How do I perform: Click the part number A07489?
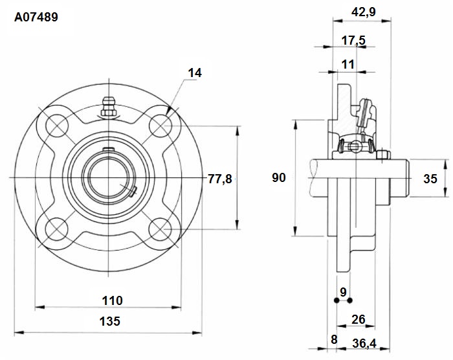click(36, 17)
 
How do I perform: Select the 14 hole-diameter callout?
click(195, 73)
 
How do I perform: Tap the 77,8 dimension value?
click(220, 179)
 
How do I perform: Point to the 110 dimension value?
click(113, 300)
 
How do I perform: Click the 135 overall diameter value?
click(110, 321)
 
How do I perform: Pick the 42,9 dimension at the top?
click(364, 12)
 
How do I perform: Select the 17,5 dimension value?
click(353, 40)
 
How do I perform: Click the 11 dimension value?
click(348, 64)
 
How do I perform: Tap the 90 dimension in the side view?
click(279, 177)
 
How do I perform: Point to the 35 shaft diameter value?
click(430, 179)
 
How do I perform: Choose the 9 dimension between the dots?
click(343, 292)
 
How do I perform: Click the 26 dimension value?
click(359, 319)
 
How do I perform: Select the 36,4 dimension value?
click(364, 344)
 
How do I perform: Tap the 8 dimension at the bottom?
click(334, 339)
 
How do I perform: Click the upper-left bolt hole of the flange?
click(57, 126)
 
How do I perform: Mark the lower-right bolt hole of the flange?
click(160, 229)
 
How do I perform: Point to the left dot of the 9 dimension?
click(337, 300)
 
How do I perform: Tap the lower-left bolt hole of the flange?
click(57, 229)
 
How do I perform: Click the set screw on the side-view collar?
click(383, 154)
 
